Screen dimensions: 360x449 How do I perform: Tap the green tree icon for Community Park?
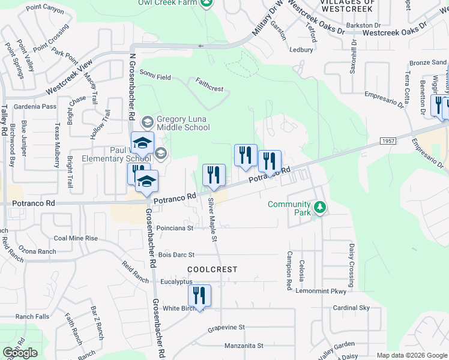(321, 208)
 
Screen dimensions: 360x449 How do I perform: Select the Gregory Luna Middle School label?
(182, 123)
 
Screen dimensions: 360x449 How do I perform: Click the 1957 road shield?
(388, 140)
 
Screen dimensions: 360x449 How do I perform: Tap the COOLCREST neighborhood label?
(212, 270)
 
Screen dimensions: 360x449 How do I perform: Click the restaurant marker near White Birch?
(199, 296)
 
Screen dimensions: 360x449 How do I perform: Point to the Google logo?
(20, 353)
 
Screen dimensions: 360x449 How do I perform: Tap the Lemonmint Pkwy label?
(321, 291)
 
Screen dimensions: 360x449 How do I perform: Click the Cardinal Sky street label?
(352, 308)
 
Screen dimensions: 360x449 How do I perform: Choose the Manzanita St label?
(244, 346)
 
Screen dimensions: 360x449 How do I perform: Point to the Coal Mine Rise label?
(76, 238)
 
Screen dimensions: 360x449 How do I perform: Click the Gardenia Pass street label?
(35, 106)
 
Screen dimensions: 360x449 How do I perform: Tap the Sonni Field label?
(155, 76)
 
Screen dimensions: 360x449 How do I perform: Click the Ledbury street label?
(301, 50)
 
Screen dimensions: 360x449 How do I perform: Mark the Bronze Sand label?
(428, 62)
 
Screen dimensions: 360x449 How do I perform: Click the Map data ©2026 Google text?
(411, 355)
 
